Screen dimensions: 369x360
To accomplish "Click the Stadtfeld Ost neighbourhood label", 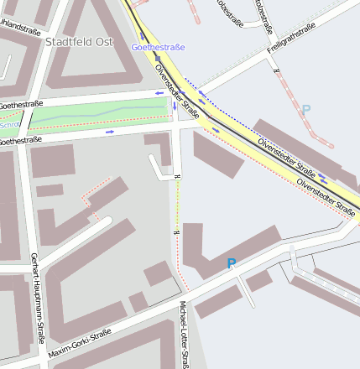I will tap(78, 41).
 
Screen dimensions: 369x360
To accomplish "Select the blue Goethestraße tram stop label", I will tap(158, 48).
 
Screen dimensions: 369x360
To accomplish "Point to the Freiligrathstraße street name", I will tap(290, 41).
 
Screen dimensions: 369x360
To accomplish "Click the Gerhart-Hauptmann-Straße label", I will tap(37, 298).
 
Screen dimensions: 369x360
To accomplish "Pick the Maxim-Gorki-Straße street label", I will tap(79, 341).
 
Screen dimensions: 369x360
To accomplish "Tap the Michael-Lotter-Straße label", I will tap(184, 334).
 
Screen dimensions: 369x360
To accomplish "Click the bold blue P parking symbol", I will tap(232, 263).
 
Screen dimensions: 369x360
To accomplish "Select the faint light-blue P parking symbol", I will tap(305, 110).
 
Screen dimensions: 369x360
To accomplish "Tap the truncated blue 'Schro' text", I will tap(8, 125).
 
